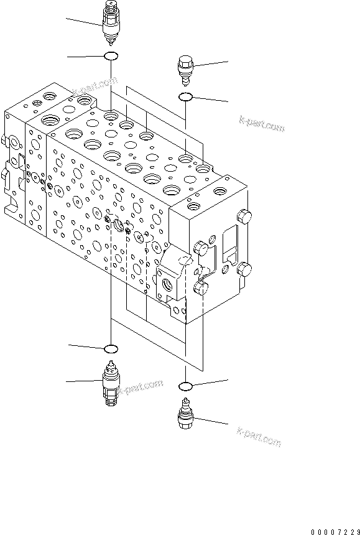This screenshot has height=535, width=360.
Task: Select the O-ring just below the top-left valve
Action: pos(111,57)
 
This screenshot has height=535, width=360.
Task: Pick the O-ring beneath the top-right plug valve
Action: pos(185,96)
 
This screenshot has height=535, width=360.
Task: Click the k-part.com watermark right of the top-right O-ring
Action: pos(261,124)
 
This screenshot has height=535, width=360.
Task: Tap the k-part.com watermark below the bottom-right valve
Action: pos(258,439)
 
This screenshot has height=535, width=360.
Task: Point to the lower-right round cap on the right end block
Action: pos(243,270)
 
